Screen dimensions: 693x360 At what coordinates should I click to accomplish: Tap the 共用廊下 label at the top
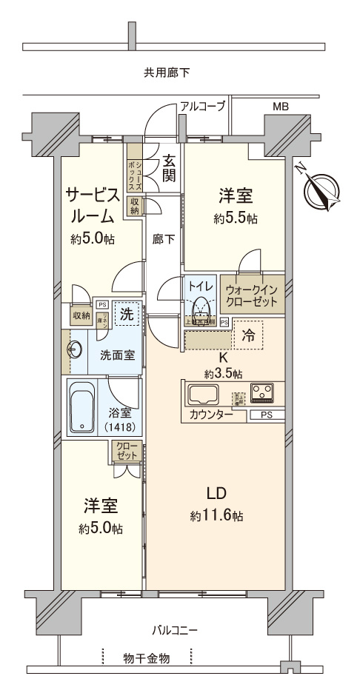(167, 73)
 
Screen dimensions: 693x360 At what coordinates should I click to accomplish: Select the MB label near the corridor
(281, 107)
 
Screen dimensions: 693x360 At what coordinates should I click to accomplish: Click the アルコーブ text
(202, 107)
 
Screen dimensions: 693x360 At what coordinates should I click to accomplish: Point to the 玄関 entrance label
(170, 167)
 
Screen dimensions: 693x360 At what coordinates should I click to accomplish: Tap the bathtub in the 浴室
(81, 406)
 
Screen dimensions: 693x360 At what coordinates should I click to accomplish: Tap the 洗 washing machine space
(127, 315)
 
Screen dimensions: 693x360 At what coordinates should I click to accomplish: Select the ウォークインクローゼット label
(252, 296)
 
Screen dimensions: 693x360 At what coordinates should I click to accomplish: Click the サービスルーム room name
(92, 206)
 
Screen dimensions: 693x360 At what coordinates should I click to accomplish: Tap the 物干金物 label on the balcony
(147, 657)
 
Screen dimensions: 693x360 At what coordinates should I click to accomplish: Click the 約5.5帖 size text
(236, 219)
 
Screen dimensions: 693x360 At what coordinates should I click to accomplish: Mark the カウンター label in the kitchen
(211, 415)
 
